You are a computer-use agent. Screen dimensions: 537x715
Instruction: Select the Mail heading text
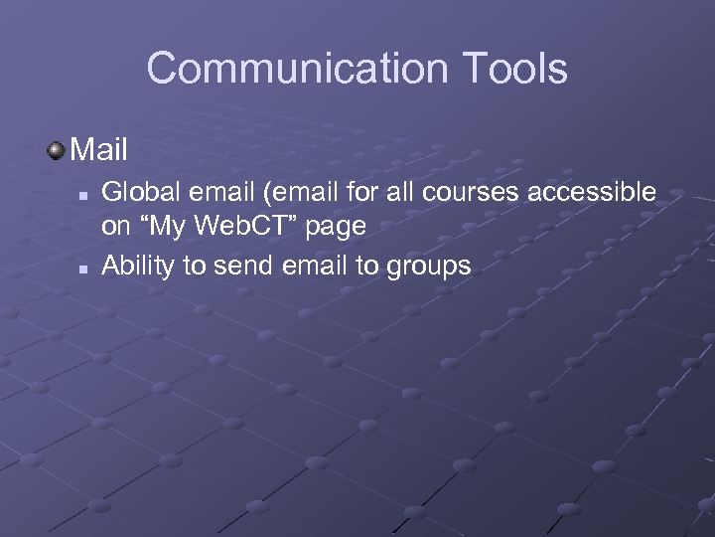pos(100,150)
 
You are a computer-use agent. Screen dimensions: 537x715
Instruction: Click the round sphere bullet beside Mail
pos(57,150)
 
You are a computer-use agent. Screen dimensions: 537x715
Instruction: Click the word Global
pos(134,191)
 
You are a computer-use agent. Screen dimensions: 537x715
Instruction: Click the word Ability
pos(134,267)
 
